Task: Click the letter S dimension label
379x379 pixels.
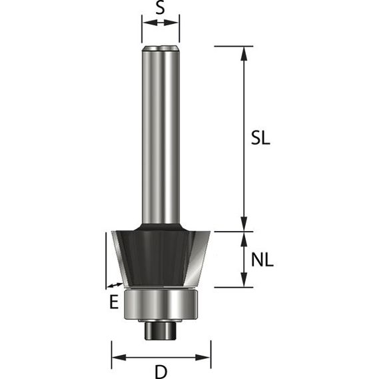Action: (x=161, y=7)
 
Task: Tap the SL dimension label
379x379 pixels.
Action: (x=260, y=139)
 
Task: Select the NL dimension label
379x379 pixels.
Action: (x=262, y=260)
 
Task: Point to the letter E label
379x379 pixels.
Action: (x=114, y=302)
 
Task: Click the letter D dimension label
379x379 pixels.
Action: (x=161, y=372)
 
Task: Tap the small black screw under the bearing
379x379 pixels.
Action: (x=161, y=330)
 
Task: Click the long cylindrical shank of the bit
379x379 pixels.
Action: (x=161, y=135)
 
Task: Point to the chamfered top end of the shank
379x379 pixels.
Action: (x=161, y=49)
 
